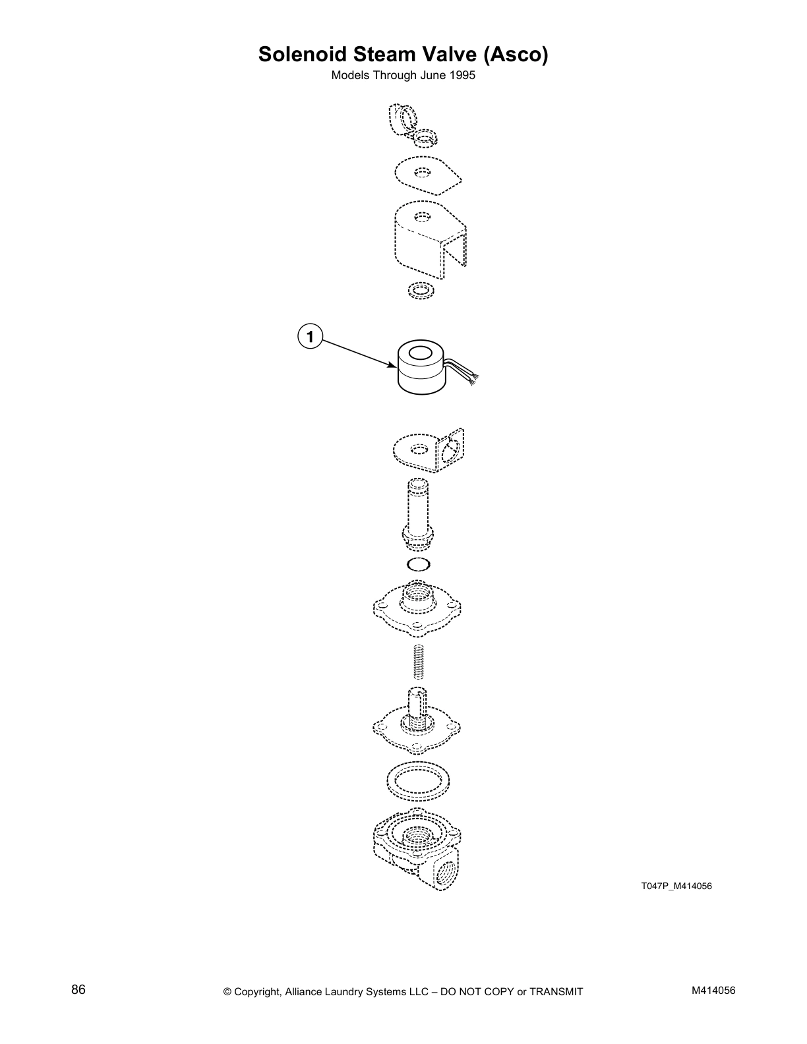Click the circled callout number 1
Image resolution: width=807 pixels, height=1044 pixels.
(x=309, y=337)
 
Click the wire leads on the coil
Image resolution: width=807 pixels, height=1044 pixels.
(x=464, y=373)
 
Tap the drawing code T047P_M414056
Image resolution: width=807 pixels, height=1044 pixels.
(x=676, y=885)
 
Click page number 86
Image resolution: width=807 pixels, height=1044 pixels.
(x=78, y=989)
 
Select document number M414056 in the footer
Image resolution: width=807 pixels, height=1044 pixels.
(x=713, y=990)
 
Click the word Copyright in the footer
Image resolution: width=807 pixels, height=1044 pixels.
(x=258, y=991)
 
